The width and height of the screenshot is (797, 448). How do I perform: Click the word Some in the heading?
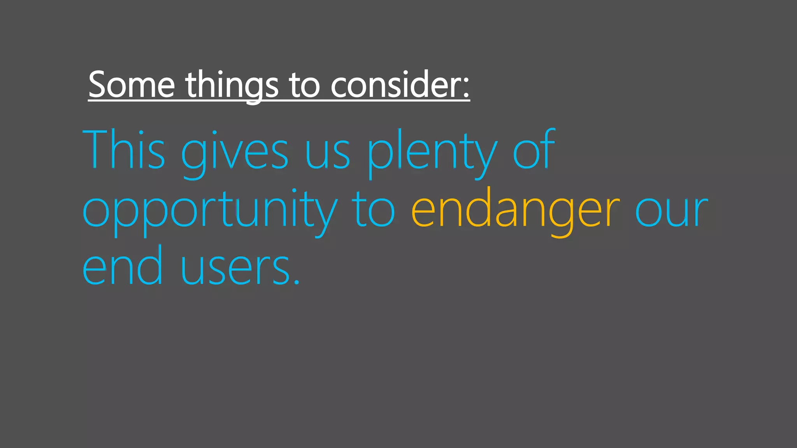point(132,84)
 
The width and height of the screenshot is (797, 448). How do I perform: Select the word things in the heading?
point(232,86)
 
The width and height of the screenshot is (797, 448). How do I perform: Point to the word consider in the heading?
point(396,84)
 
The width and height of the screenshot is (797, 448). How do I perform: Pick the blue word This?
point(124,150)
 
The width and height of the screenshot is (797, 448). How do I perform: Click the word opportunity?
point(210,212)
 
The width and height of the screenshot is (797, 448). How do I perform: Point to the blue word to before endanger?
point(374,212)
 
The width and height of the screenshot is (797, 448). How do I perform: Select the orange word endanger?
point(515,212)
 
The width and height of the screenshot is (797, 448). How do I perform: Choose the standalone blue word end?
point(122,266)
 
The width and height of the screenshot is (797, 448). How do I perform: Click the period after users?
point(297,283)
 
